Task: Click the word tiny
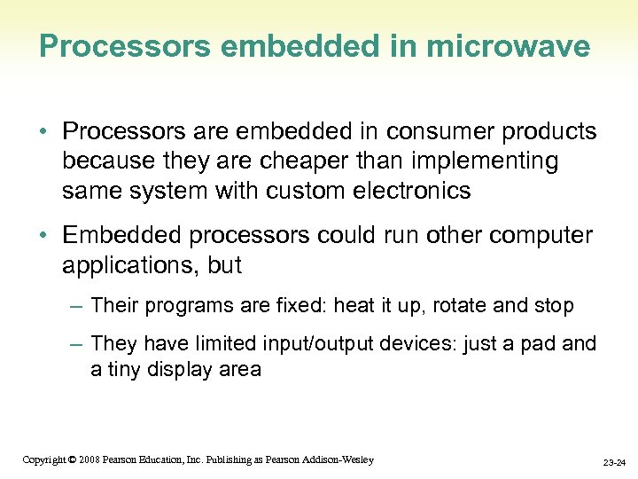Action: point(128,369)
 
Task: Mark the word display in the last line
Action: point(185,369)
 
